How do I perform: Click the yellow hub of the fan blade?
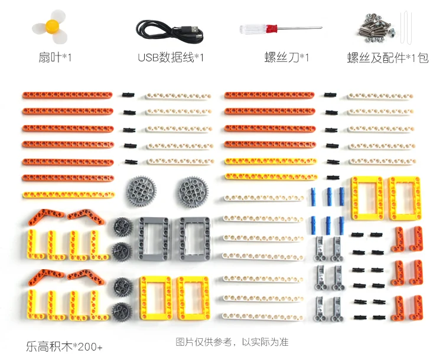click(53, 27)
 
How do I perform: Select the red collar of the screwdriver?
click(271, 28)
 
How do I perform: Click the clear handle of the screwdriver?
click(253, 30)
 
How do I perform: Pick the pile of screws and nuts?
click(376, 28)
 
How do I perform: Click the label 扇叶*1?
click(55, 58)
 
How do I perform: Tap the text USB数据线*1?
click(170, 57)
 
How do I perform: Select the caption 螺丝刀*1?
click(286, 57)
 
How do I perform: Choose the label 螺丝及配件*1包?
click(387, 58)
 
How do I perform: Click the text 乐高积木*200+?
click(64, 346)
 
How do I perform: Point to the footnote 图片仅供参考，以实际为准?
click(232, 342)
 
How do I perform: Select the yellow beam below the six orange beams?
click(69, 195)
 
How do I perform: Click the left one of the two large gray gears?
click(141, 191)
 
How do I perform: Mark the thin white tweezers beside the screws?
click(405, 27)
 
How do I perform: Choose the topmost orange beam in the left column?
click(67, 95)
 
